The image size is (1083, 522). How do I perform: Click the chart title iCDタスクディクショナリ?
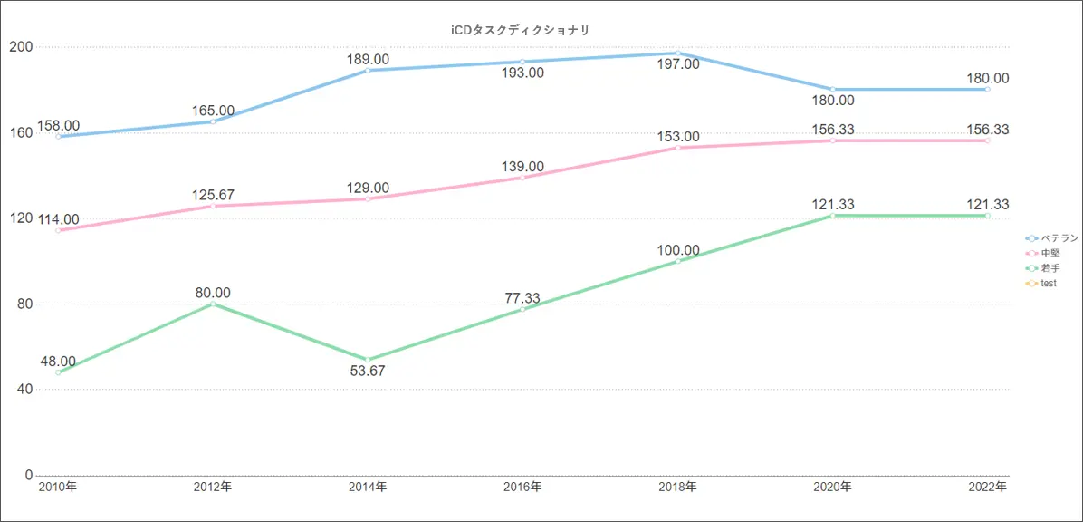(x=521, y=30)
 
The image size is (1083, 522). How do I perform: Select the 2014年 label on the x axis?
(x=368, y=488)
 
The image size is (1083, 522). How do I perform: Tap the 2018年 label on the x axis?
(x=677, y=488)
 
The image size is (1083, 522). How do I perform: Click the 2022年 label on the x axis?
(x=987, y=488)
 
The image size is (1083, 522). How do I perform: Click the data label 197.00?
(x=678, y=64)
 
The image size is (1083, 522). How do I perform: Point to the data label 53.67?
(x=368, y=371)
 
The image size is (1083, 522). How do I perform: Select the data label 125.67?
(x=213, y=195)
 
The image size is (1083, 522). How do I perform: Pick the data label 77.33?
(x=522, y=298)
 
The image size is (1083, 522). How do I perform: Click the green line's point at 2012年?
(x=213, y=304)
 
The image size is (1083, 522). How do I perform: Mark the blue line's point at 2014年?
(x=368, y=70)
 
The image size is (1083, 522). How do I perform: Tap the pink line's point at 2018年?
(x=677, y=147)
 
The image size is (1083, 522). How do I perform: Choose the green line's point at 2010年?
(x=58, y=372)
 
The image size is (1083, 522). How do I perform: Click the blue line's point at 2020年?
(x=832, y=89)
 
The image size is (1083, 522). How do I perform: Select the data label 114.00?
(x=59, y=219)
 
